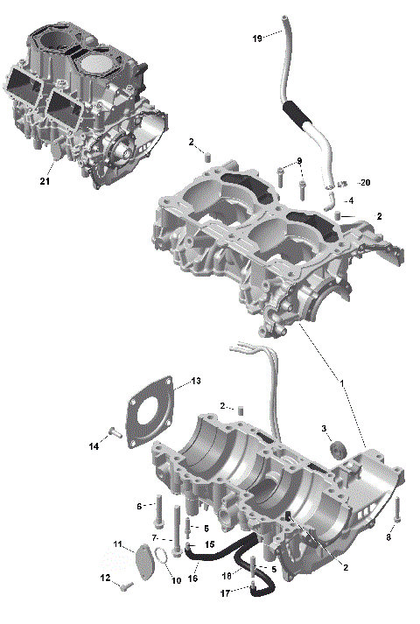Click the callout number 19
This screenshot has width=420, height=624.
pyautogui.click(x=256, y=39)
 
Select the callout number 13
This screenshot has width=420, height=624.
pyautogui.click(x=197, y=381)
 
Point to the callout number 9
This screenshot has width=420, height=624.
pyautogui.click(x=298, y=161)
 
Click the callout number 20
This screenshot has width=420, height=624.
pyautogui.click(x=366, y=182)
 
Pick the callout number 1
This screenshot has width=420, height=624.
pyautogui.click(x=341, y=382)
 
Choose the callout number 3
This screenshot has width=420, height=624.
pyautogui.click(x=324, y=428)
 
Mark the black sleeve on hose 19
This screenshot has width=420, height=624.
pyautogui.click(x=295, y=114)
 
